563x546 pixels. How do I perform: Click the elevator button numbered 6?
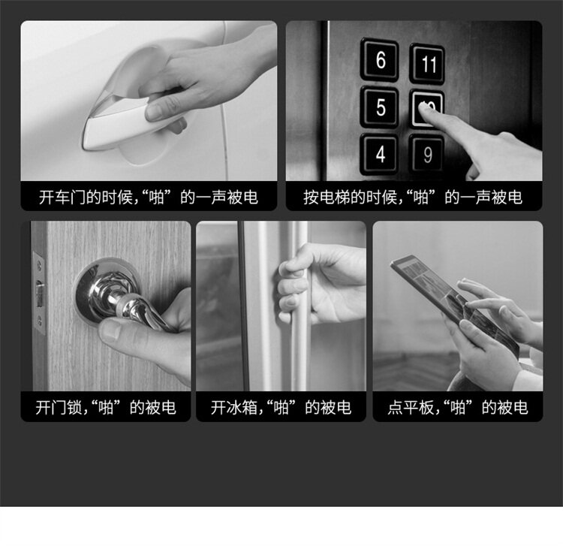coord(380,59)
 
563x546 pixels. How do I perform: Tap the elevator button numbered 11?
coord(427,64)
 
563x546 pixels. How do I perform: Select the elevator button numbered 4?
coord(379,154)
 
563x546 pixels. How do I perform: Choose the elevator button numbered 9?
coord(427,155)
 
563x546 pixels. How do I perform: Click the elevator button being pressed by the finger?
coord(426,108)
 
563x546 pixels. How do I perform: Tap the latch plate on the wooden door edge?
coord(39,293)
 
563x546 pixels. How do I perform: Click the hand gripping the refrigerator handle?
coord(316,284)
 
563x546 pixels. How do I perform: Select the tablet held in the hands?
coord(454,306)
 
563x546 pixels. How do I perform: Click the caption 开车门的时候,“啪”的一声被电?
coord(149,198)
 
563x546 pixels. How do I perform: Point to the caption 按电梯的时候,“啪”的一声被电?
coord(413,198)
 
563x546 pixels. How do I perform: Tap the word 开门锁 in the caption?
coord(59,408)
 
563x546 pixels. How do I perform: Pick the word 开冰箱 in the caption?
coord(234,408)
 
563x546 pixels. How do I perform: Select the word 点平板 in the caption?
coord(411,408)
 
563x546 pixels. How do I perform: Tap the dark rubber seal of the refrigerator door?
coord(244,306)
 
